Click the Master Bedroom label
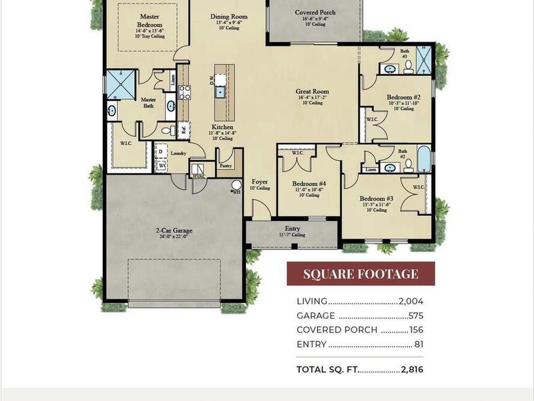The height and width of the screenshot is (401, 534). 150,21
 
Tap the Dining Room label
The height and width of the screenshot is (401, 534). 228,17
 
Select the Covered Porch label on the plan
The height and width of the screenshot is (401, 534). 315,13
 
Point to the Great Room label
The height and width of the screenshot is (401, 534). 312,91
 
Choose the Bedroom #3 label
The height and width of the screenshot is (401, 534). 376,198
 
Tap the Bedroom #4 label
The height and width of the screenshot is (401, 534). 309,184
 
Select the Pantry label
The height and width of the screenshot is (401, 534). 226,166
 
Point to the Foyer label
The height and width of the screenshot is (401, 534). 259,182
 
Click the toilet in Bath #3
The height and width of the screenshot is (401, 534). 408,66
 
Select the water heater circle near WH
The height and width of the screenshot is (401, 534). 236,185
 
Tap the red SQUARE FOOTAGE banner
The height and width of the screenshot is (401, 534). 360,274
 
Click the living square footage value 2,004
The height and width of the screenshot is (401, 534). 411,301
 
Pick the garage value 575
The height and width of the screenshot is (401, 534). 416,316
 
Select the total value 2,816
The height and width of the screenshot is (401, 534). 412,370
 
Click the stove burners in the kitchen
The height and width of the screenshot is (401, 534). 185,92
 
